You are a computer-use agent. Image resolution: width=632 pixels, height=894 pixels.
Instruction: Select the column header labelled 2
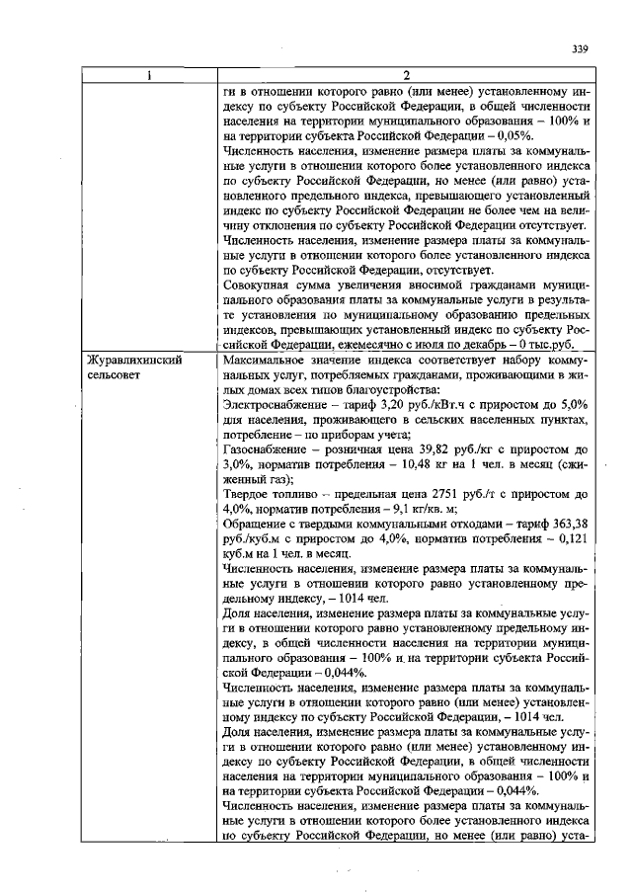coord(406,74)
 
